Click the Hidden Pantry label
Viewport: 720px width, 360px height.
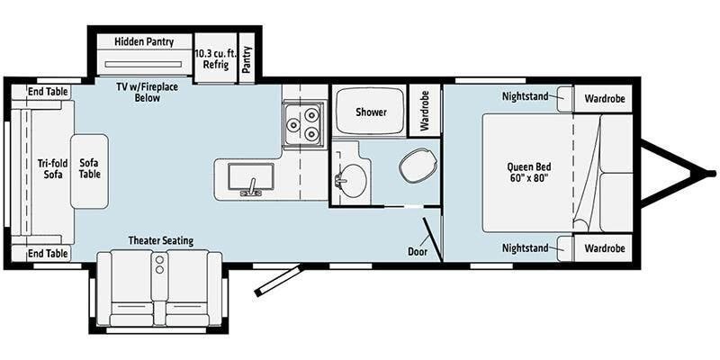coord(144,41)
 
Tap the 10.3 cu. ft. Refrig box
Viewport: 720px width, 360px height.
coord(216,58)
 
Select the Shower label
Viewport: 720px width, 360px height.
coord(371,112)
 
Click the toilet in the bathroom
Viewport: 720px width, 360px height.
coord(418,166)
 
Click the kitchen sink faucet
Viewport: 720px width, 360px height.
coord(251,188)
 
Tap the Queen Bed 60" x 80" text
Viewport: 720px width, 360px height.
coord(529,173)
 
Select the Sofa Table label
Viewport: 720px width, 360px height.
coord(89,168)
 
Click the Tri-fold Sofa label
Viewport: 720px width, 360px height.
coord(53,168)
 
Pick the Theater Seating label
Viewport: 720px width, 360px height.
coord(161,240)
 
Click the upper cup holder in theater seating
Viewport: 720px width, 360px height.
coord(159,260)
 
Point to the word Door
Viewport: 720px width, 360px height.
coord(418,252)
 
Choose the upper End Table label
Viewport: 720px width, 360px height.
coord(48,92)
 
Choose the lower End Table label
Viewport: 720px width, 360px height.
coord(48,253)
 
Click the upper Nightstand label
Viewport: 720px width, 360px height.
coord(525,96)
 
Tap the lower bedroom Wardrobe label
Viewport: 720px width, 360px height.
coord(605,248)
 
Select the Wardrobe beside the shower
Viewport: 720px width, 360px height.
coord(425,110)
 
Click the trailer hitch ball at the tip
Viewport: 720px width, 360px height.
coord(711,173)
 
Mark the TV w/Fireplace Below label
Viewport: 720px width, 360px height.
coord(148,92)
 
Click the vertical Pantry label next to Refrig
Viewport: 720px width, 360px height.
coord(247,59)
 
